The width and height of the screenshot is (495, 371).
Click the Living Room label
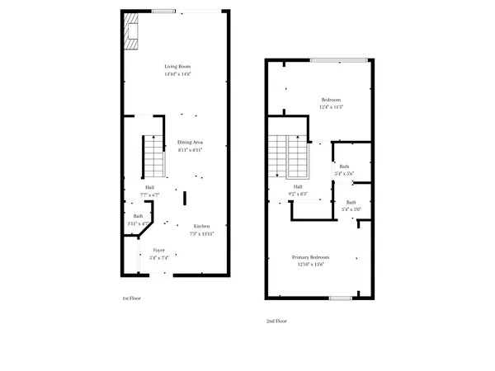pyautogui.click(x=178, y=66)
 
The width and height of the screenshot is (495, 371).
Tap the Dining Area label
pyautogui.click(x=190, y=142)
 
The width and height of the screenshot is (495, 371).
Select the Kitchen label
pyautogui.click(x=202, y=226)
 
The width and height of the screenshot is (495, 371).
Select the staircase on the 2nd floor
pyautogui.click(x=287, y=157)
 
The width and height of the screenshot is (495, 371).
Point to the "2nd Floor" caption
pyautogui.click(x=276, y=321)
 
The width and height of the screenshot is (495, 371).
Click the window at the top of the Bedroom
pyautogui.click(x=338, y=59)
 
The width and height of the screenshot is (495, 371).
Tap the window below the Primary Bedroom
pyautogui.click(x=341, y=297)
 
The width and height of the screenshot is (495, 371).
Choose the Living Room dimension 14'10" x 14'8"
pyautogui.click(x=178, y=73)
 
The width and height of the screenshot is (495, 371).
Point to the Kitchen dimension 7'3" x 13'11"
pyautogui.click(x=202, y=233)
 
